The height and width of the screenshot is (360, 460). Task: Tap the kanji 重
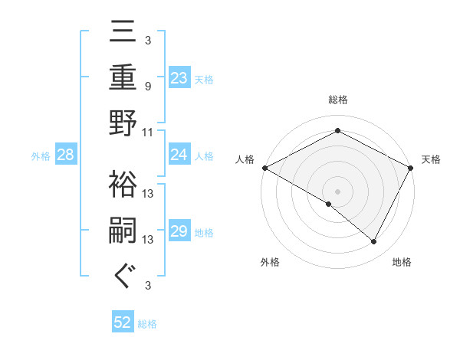click(123, 79)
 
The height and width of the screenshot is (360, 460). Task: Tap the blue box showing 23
click(179, 77)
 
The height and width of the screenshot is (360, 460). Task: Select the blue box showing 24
click(179, 155)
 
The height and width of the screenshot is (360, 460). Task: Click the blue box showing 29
click(179, 232)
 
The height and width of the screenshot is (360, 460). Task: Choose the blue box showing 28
click(66, 155)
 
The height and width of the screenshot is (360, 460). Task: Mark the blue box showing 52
click(123, 323)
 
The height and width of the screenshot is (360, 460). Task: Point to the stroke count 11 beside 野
click(148, 132)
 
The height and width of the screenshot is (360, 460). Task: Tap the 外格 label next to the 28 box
click(41, 156)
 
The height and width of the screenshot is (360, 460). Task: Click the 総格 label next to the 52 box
click(147, 324)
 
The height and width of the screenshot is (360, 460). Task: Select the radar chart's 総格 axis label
click(337, 100)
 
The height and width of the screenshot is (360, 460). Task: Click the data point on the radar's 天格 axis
click(411, 168)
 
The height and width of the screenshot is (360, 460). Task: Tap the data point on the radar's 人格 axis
click(264, 168)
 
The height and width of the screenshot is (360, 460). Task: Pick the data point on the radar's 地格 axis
click(374, 242)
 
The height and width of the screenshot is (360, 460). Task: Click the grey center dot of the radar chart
click(337, 191)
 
